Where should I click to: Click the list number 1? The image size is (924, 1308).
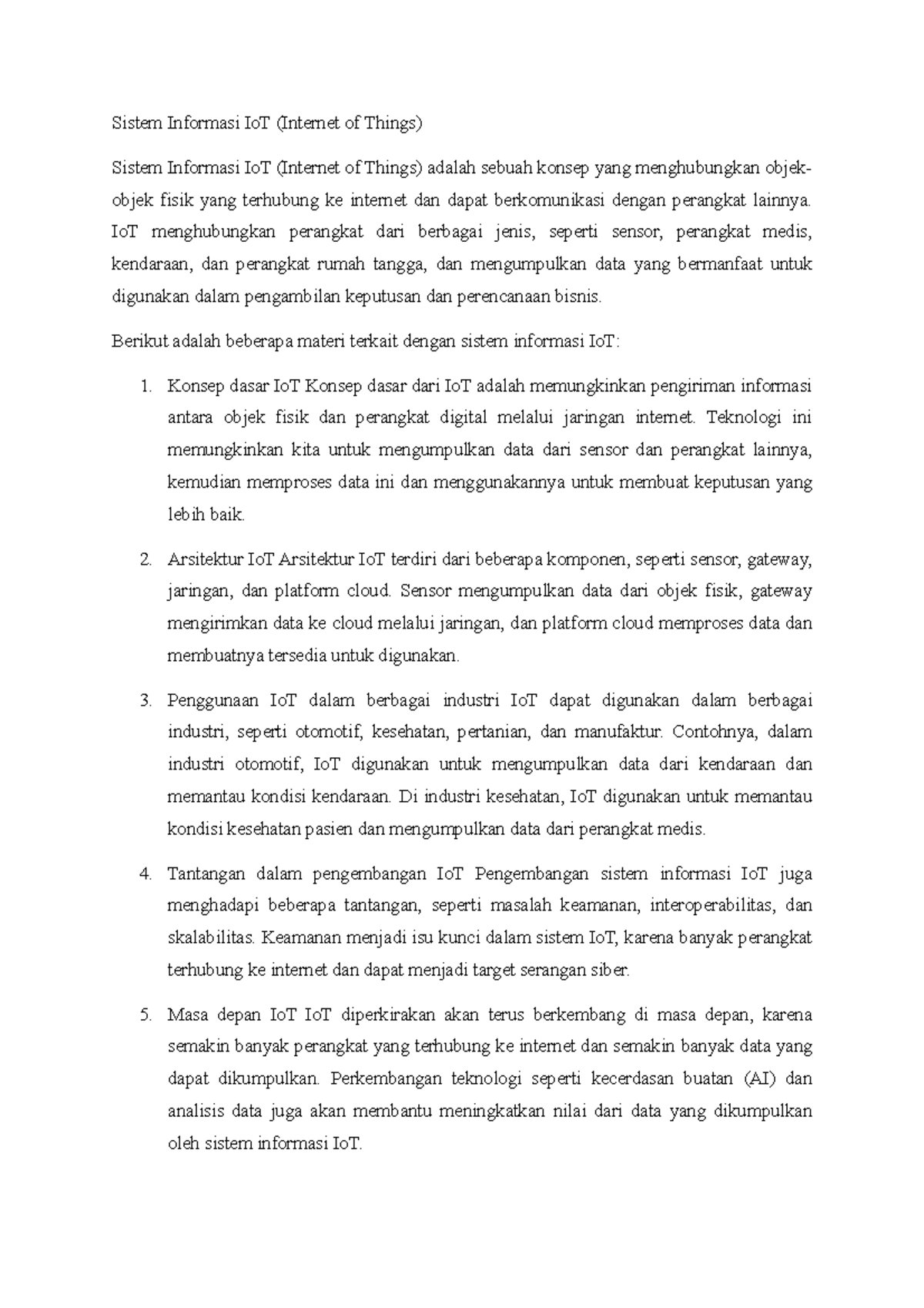pyautogui.click(x=145, y=386)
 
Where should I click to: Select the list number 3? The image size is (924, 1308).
pyautogui.click(x=145, y=701)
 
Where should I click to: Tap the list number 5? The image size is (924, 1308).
pyautogui.click(x=145, y=1015)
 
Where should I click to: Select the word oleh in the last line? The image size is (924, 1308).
pyautogui.click(x=182, y=1144)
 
